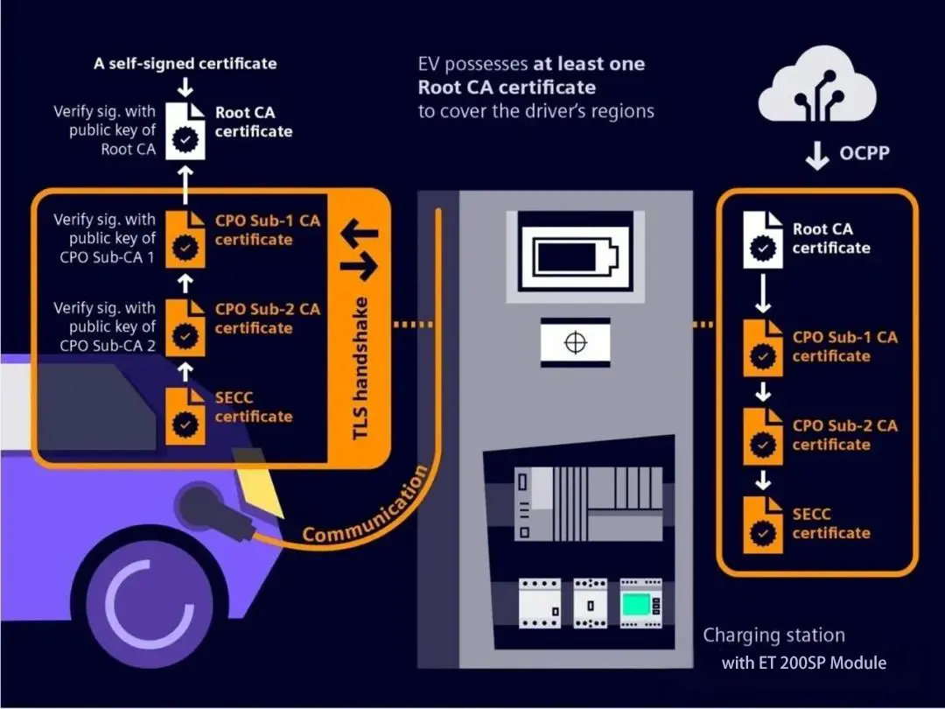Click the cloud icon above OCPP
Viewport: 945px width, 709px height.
point(816,88)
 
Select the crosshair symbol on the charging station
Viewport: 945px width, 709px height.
point(575,342)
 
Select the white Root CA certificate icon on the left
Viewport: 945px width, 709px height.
point(185,132)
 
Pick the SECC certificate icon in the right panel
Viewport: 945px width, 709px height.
point(763,524)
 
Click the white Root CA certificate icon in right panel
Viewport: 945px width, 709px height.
point(763,240)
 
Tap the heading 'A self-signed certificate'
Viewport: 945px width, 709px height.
point(185,64)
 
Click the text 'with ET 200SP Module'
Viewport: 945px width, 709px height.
point(803,663)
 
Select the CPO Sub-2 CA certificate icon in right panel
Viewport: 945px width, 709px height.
point(763,436)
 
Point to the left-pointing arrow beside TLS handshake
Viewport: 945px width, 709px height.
point(359,233)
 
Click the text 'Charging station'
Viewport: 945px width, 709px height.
point(773,635)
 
